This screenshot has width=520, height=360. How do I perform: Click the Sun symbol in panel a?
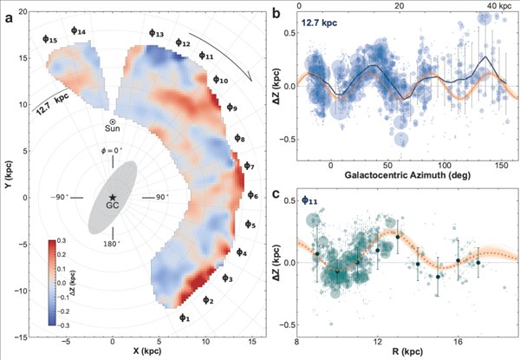tap(113, 122)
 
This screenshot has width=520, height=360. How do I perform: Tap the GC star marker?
tap(113, 197)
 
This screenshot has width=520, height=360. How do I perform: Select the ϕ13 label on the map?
tap(156, 33)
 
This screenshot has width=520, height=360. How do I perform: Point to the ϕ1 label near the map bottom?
tap(185, 317)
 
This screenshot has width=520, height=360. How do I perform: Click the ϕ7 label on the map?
tap(249, 166)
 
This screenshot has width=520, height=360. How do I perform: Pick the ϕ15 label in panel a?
tap(49, 39)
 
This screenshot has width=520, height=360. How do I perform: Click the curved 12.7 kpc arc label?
tap(52, 101)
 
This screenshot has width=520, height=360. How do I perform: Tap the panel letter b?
tap(277, 13)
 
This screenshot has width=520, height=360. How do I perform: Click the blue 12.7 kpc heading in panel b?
tap(319, 23)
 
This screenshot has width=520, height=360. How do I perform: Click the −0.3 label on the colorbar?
tap(62, 325)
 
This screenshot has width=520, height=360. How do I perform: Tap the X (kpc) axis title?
tap(147, 350)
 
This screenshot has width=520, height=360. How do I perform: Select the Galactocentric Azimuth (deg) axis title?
tap(407, 175)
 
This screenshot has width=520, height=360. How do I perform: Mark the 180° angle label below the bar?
tap(111, 244)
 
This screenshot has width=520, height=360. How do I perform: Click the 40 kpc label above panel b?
tap(499, 6)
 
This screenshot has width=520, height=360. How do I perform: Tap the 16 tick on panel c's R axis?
tap(458, 341)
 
